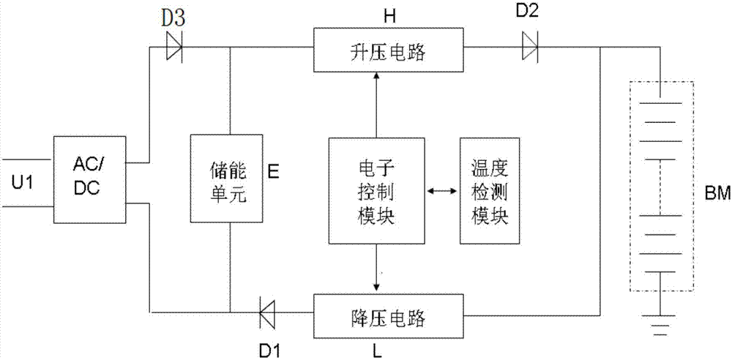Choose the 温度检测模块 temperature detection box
pyautogui.click(x=491, y=190)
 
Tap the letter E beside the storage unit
pyautogui.click(x=273, y=173)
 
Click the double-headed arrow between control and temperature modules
pyautogui.click(x=442, y=191)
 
